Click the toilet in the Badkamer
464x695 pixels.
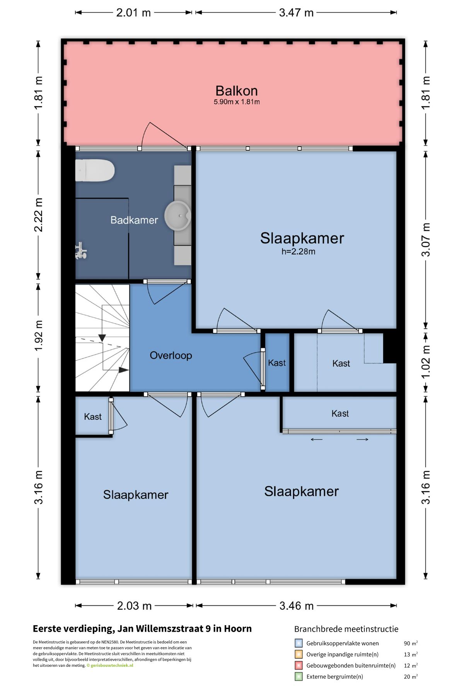95,170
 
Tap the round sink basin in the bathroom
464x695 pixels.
178,215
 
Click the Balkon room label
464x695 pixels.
237,91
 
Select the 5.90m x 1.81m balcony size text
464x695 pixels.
237,102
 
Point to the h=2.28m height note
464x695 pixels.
298,252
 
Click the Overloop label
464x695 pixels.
171,355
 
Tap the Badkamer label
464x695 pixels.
134,220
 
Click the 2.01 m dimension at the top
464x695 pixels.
133,13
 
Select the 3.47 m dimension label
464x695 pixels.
296,13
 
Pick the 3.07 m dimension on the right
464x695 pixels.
426,240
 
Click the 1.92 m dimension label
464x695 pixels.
39,336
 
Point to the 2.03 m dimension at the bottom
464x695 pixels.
134,606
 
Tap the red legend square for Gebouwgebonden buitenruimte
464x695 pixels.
299,665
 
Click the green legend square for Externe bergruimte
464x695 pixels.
299,676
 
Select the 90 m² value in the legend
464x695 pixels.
411,643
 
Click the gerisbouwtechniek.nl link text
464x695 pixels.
112,665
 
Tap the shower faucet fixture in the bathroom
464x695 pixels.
81,251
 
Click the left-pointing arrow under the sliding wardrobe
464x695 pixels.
317,439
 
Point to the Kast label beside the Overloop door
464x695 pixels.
277,363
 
